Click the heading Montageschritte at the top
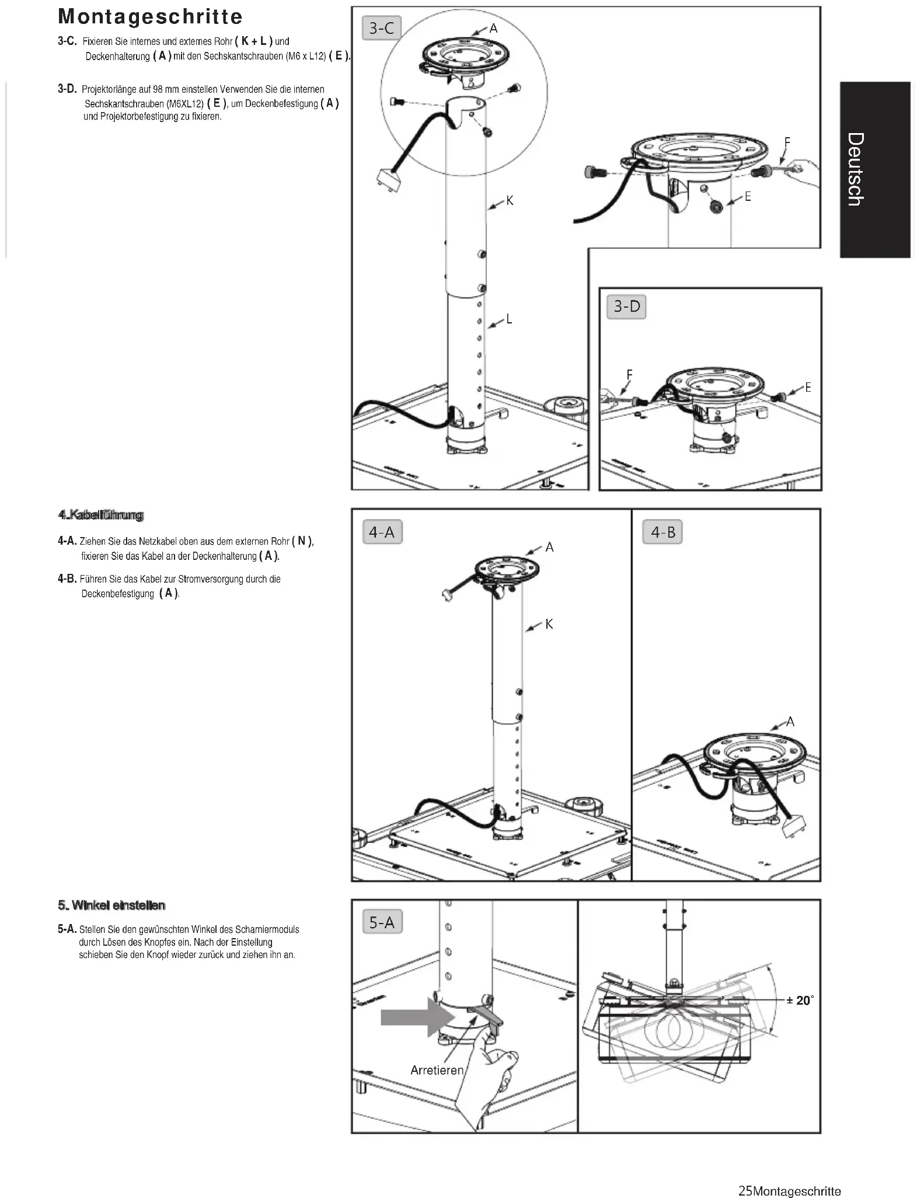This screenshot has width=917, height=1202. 150,16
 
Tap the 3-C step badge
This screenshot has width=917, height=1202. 382,28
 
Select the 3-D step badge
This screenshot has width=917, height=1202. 627,306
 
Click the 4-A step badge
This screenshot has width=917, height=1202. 382,532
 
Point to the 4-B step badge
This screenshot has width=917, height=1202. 663,532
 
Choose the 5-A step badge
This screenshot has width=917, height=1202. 382,922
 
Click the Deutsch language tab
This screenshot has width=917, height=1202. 874,169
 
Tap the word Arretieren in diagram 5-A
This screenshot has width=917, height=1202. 437,1069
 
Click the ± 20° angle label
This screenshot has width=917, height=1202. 799,1000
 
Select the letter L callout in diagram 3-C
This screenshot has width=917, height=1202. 509,319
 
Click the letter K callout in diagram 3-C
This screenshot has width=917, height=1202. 510,201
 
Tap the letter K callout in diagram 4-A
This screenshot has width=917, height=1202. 549,624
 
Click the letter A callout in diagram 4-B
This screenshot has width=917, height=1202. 790,722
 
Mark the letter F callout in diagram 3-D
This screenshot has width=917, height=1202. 629,374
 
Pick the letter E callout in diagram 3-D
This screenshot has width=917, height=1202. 808,387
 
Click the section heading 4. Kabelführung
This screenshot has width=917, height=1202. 100,515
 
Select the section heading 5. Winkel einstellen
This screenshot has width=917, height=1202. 111,905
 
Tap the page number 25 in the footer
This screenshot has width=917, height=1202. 745,1191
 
